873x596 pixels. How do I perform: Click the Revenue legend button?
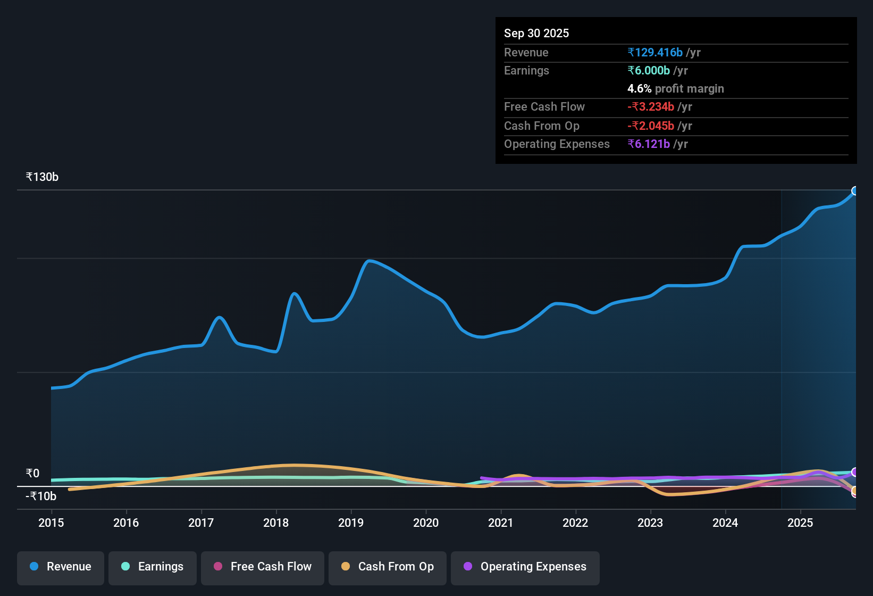tap(61, 567)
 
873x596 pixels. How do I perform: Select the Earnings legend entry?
tap(153, 567)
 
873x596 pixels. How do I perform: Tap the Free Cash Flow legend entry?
tap(263, 567)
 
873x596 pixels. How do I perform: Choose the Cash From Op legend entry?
tap(388, 567)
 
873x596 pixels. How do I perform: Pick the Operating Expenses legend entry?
tap(525, 567)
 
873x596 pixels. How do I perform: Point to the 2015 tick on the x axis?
tap(51, 523)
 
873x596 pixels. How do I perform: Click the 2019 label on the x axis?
tap(351, 523)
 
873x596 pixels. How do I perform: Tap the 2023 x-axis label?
tap(650, 523)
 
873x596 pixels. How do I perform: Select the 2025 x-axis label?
tap(800, 523)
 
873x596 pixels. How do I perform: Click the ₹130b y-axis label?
tap(42, 177)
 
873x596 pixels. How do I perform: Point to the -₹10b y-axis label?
tap(41, 496)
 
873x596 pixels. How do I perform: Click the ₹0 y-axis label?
tap(32, 473)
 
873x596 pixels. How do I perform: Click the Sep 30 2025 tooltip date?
tap(536, 33)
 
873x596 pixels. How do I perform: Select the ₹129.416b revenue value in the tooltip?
tap(655, 52)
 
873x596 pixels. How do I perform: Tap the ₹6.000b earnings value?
tap(649, 70)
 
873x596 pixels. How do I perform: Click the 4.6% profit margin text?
tap(676, 88)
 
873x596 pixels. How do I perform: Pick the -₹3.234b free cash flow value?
tap(651, 106)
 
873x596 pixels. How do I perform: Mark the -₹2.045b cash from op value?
tap(651, 126)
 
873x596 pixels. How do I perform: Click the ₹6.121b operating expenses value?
tap(649, 144)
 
